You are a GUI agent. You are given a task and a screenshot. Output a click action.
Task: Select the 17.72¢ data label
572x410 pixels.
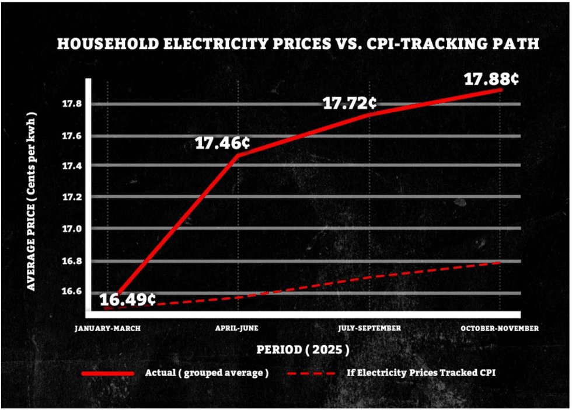click(350, 103)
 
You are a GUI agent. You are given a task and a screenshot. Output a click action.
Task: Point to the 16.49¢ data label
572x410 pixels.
click(127, 300)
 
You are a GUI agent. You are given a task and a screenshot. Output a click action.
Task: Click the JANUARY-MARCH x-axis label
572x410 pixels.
click(108, 328)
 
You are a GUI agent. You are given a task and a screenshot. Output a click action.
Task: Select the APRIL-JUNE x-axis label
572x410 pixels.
click(236, 328)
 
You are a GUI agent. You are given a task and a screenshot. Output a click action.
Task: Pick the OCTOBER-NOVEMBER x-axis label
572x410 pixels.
click(500, 328)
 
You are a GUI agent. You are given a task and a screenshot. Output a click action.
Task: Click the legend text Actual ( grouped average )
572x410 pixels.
click(207, 373)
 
